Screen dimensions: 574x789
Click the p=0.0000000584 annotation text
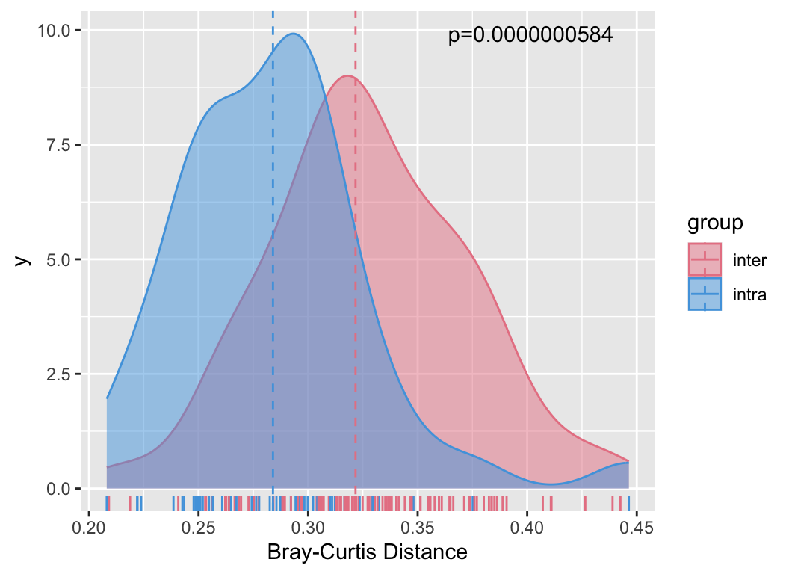point(530,35)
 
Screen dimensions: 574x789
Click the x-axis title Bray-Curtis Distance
point(367,553)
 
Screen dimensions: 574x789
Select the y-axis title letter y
point(22,259)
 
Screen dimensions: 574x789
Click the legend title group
point(715,223)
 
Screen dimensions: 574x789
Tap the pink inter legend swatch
point(704,260)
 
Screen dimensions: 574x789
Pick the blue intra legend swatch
point(704,294)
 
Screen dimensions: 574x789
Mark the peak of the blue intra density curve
point(293,34)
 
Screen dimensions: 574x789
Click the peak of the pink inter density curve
point(348,75)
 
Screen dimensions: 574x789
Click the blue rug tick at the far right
point(629,502)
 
